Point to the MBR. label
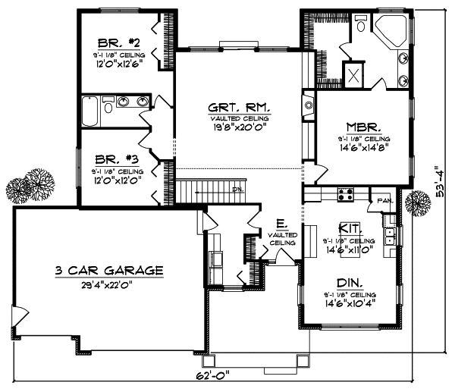pos(364,127)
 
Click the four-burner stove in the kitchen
pos(346,193)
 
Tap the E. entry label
pos(281,224)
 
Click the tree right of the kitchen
pos(416,203)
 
